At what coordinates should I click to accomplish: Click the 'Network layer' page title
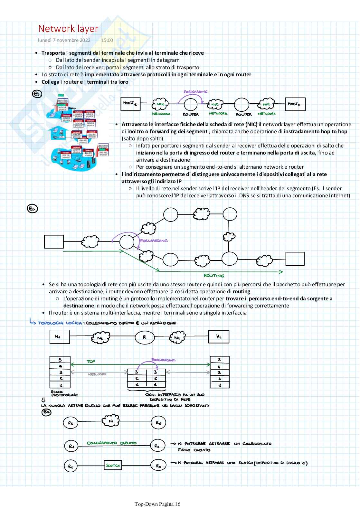point(68,29)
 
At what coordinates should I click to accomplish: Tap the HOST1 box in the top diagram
point(130,103)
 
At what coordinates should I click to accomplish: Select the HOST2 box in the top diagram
point(296,104)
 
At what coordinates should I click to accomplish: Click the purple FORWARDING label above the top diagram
point(195,92)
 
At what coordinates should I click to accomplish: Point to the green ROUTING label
point(214,276)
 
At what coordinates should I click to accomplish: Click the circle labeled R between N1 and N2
point(145,337)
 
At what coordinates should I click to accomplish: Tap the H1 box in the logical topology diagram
point(60,337)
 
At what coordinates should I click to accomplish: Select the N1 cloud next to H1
point(100,337)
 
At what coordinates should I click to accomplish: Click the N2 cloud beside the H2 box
point(178,337)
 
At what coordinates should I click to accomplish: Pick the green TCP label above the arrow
point(91,362)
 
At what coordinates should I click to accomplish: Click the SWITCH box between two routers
point(113,466)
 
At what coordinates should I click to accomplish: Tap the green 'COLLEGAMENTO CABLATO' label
point(111,443)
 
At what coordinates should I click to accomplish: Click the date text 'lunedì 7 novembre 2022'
point(64,40)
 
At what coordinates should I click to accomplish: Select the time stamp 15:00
point(107,40)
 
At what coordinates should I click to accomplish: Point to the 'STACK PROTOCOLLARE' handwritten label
point(64,393)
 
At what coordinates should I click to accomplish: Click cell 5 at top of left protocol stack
point(60,360)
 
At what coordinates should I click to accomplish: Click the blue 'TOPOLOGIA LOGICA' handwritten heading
point(60,323)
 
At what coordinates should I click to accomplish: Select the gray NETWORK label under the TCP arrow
point(97,374)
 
